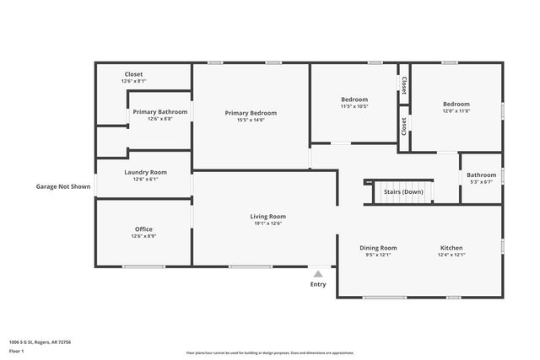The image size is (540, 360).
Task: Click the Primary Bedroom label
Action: point(251,113)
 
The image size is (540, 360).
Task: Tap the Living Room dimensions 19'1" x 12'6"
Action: point(267,223)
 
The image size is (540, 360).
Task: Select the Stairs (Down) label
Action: point(403,191)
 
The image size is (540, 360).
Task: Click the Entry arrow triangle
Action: point(318,273)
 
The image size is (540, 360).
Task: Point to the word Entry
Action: point(318,284)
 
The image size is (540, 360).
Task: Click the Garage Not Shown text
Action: point(62,186)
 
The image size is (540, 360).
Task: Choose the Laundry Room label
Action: point(145,172)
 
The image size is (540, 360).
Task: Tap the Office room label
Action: point(144,229)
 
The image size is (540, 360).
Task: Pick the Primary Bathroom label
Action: point(159,111)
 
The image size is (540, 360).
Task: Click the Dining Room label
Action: point(378,248)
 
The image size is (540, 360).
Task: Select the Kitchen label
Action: point(451,248)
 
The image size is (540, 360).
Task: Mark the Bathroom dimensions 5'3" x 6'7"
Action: point(482,182)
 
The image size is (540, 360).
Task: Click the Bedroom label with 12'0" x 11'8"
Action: point(456,104)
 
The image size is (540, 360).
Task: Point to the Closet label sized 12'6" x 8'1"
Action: point(134,81)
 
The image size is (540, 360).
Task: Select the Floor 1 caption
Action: point(17,350)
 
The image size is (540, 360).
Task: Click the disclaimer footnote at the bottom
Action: point(269,352)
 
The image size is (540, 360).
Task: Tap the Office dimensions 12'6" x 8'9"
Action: point(144,237)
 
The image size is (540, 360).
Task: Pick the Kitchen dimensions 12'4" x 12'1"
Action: point(451,255)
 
